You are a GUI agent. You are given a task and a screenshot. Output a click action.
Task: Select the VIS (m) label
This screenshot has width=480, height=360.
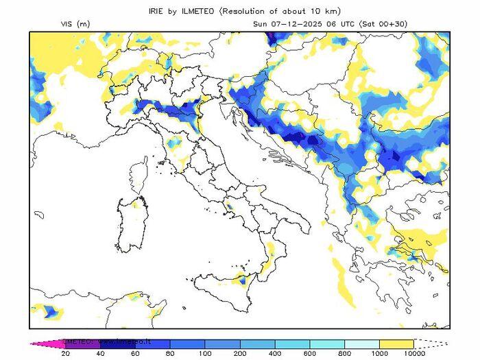tap(75, 24)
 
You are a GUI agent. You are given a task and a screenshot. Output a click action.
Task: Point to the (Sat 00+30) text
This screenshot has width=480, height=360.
tap(388, 24)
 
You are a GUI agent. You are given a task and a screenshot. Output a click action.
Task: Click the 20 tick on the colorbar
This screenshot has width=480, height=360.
tap(65, 354)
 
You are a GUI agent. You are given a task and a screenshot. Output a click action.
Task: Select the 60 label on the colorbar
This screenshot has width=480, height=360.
tap(134, 354)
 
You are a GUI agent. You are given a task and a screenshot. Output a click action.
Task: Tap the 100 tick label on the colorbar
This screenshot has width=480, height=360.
tap(204, 354)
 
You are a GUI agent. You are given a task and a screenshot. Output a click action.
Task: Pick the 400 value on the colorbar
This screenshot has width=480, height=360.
tap(274, 354)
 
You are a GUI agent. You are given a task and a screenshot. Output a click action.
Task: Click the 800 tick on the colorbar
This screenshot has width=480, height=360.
tap(344, 354)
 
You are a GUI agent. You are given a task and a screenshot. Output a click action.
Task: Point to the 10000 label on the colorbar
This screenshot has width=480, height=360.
tap(413, 354)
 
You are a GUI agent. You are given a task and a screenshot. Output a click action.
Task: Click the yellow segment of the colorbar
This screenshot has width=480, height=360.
tap(396, 344)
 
